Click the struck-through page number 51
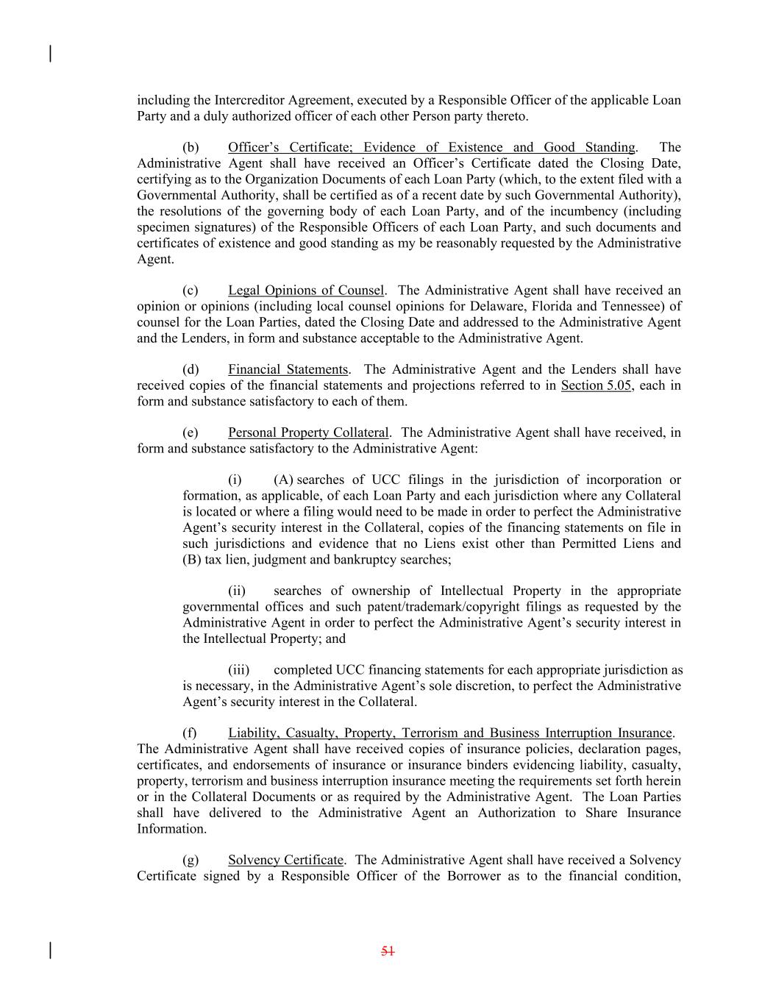pyautogui.click(x=388, y=951)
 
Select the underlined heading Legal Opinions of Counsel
pyautogui.click(x=306, y=291)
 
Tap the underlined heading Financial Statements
pyautogui.click(x=288, y=370)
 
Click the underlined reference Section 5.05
pyautogui.click(x=596, y=385)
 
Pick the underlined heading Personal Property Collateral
pyautogui.click(x=307, y=433)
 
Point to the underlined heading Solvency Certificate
pyautogui.click(x=285, y=861)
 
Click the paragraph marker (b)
pyautogui.click(x=191, y=148)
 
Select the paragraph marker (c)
pyautogui.click(x=191, y=291)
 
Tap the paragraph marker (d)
pyautogui.click(x=191, y=370)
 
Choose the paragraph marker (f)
pyautogui.click(x=190, y=733)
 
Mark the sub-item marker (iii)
pyautogui.click(x=238, y=671)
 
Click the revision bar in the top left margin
pyautogui.click(x=50, y=54)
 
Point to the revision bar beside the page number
pyautogui.click(x=50, y=950)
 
